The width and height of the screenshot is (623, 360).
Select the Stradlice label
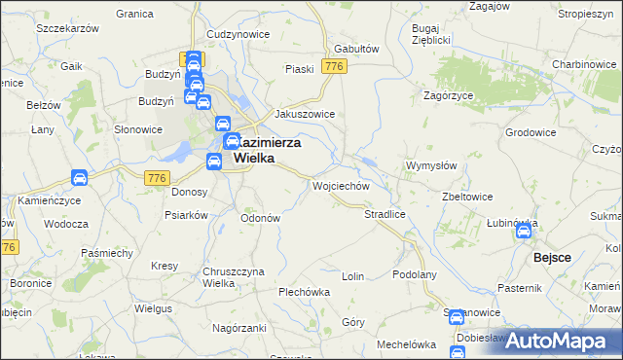[x=384, y=213]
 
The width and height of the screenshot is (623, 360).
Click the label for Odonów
[x=260, y=218]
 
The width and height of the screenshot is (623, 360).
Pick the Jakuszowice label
[x=305, y=114]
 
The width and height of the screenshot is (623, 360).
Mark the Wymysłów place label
[x=430, y=165]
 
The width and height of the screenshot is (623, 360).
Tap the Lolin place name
[x=352, y=276]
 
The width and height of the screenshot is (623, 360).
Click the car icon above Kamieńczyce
[x=80, y=178]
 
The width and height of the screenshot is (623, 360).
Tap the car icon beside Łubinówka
[x=524, y=232]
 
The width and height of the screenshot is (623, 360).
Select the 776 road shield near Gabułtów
[x=336, y=66]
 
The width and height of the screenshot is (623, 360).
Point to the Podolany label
[x=414, y=275]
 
